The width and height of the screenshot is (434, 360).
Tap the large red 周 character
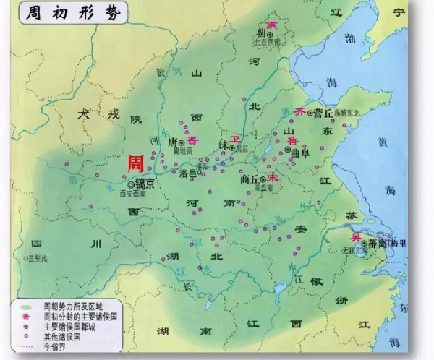[x=135, y=163]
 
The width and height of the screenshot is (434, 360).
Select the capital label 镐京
[x=150, y=184]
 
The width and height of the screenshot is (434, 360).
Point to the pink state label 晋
[x=192, y=140]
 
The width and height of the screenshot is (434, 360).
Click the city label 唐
[x=172, y=143]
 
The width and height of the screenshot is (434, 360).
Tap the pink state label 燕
[x=273, y=25]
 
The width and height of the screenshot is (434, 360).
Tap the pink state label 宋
[x=273, y=177]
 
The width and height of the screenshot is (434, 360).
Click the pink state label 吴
[x=354, y=237]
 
